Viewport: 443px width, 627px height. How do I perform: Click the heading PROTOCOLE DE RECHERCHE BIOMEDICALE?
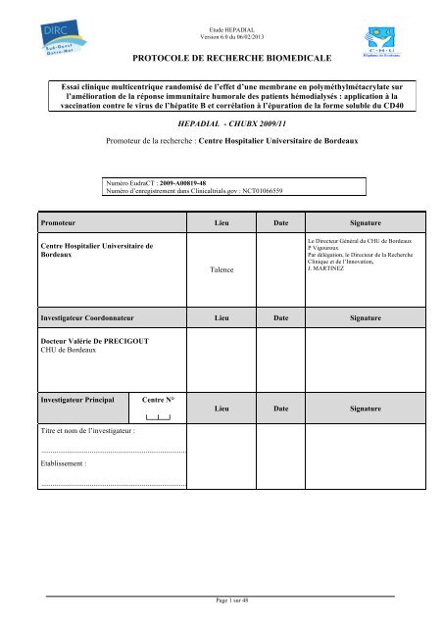[x=221, y=59]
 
